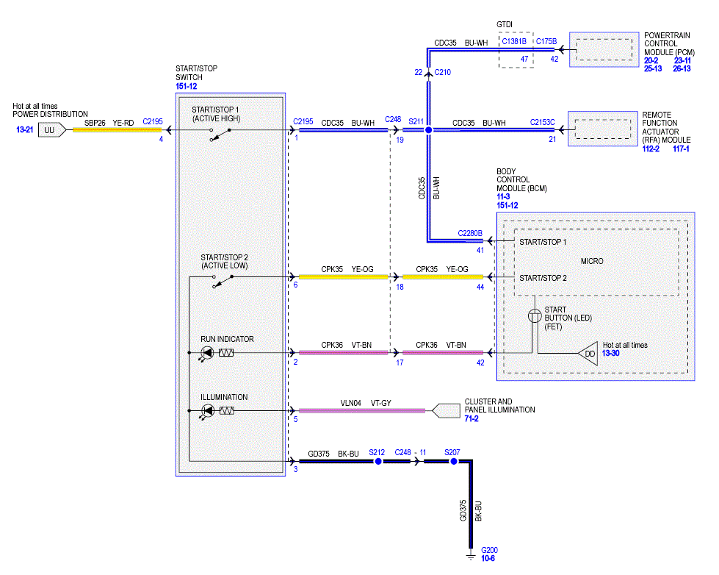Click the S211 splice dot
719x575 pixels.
click(429, 130)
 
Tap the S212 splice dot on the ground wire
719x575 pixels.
click(378, 461)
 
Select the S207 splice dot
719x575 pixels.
click(453, 461)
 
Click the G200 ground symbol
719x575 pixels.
click(471, 556)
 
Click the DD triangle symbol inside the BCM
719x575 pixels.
click(588, 354)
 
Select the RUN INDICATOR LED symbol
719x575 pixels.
click(207, 353)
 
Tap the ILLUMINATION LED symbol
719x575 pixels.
click(207, 410)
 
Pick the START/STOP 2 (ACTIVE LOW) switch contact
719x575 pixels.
click(223, 281)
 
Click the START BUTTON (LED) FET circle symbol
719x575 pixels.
click(535, 316)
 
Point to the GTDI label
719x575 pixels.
click(505, 25)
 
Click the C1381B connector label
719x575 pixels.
click(514, 41)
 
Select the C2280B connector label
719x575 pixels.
click(470, 233)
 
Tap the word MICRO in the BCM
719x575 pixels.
click(592, 261)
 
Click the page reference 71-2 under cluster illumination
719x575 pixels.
click(471, 418)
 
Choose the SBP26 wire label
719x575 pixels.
click(95, 123)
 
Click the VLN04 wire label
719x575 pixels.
click(351, 403)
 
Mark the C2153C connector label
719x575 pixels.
click(543, 122)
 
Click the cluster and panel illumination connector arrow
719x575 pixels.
click(446, 410)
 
